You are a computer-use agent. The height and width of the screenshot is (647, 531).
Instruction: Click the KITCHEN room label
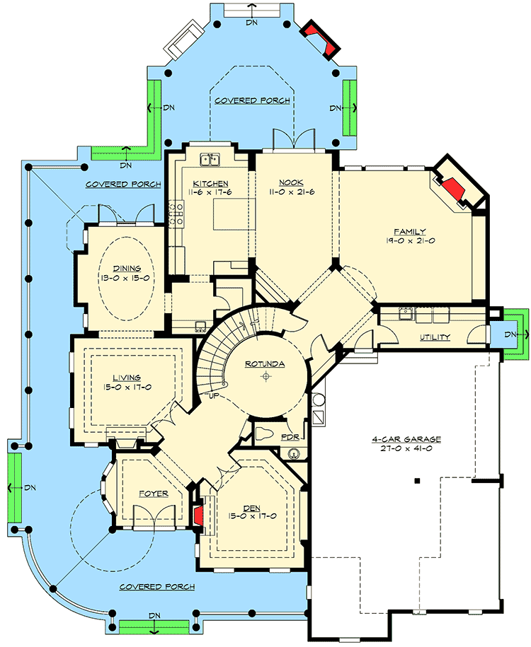[x=210, y=184]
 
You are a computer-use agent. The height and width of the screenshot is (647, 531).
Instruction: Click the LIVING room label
[x=126, y=359]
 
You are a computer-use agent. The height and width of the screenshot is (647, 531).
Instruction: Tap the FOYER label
[x=153, y=494]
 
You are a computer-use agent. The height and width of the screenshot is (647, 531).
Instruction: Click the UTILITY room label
[x=435, y=337]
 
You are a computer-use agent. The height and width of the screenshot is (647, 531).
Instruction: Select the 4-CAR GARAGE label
[x=406, y=439]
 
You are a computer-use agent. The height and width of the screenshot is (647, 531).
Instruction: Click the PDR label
[x=289, y=438]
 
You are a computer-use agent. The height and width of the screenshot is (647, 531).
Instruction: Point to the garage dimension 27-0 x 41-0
[x=406, y=449]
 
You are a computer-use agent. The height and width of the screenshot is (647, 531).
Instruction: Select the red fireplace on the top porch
[x=319, y=39]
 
